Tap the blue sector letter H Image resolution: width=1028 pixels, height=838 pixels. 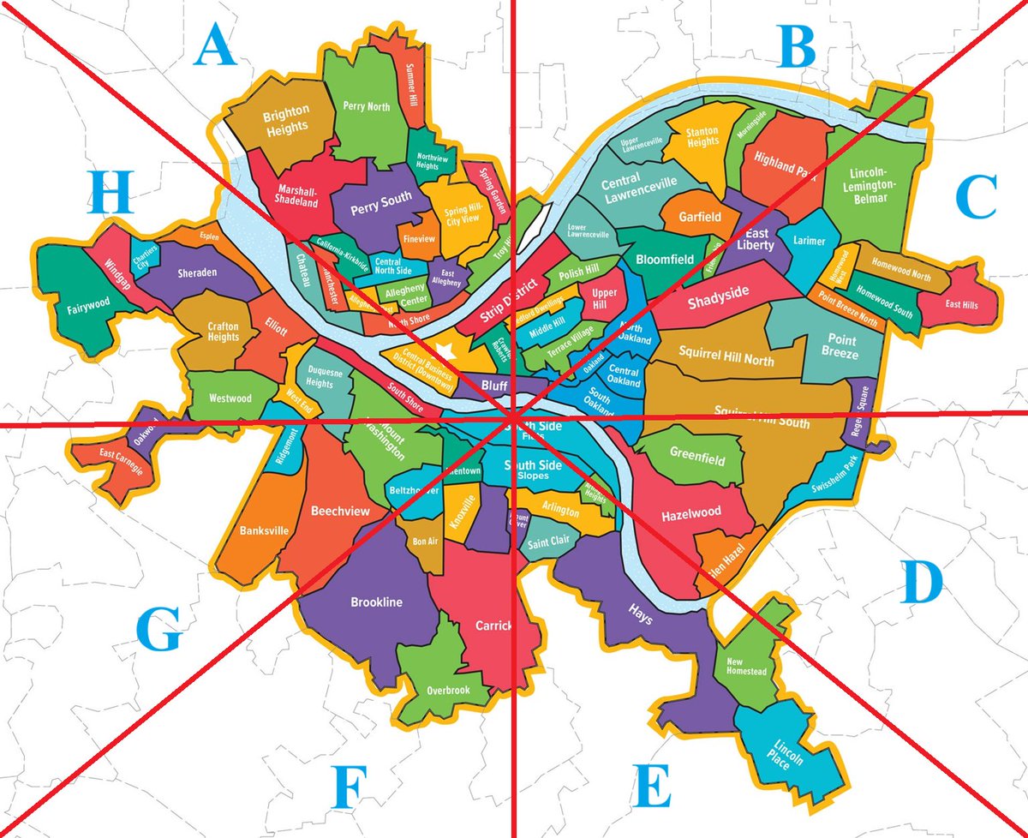tap(111, 194)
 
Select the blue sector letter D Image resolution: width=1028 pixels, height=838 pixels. tap(922, 585)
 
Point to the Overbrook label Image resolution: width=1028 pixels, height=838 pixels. tap(448, 690)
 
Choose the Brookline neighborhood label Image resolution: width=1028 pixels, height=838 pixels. tap(376, 602)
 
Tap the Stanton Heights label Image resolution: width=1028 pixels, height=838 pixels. tap(702, 136)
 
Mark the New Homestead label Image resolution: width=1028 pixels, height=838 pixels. tap(746, 666)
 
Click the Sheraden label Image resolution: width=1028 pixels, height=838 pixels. tap(197, 272)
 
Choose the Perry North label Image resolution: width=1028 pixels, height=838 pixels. tap(366, 107)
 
